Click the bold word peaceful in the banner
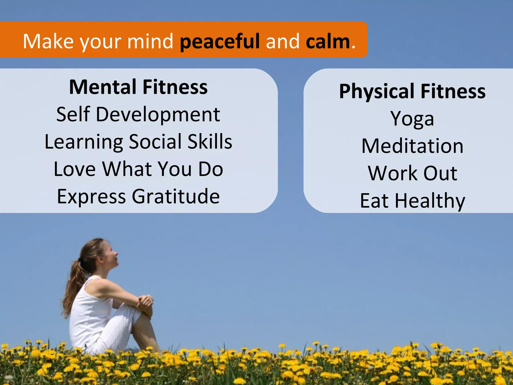[x=220, y=41]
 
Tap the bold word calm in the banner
[x=328, y=41]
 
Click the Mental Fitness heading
[x=138, y=87]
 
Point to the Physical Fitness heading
[x=412, y=91]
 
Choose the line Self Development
[x=138, y=114]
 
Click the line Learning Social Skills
[x=138, y=142]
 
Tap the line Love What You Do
[x=138, y=169]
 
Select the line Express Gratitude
[x=138, y=196]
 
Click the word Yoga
[x=412, y=119]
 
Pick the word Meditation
[x=412, y=146]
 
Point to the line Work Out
[x=412, y=173]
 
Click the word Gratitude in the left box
[x=176, y=196]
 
